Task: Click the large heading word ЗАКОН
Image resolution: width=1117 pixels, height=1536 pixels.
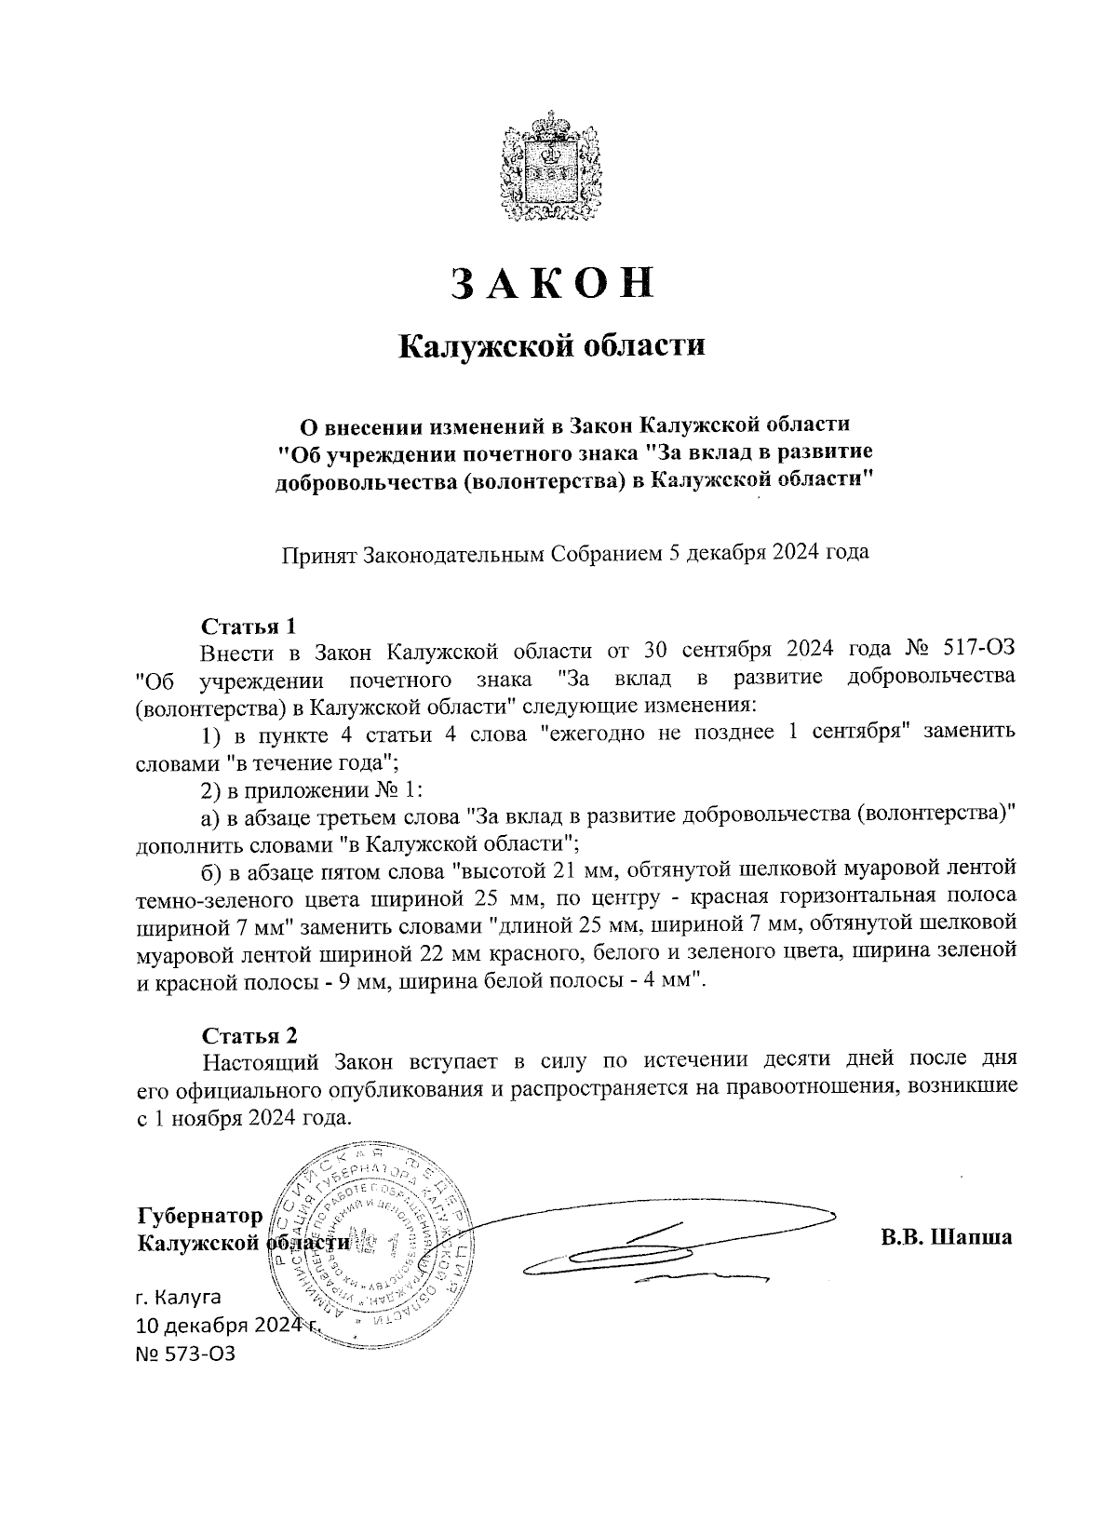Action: pos(552,284)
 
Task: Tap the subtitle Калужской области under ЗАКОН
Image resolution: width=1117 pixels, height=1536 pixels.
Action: pos(552,347)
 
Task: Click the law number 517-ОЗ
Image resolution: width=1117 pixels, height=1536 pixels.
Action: pos(969,649)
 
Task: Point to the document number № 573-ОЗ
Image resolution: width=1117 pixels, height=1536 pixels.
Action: pos(185,1353)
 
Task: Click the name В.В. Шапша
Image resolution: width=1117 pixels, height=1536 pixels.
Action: pos(946,1239)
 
